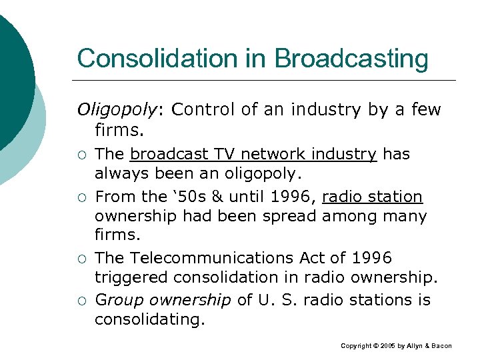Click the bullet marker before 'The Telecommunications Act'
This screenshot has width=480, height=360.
[81, 259]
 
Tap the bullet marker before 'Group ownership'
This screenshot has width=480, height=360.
[81, 301]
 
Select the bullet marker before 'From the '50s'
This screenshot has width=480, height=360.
[81, 198]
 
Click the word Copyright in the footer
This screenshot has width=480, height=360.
[357, 346]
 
